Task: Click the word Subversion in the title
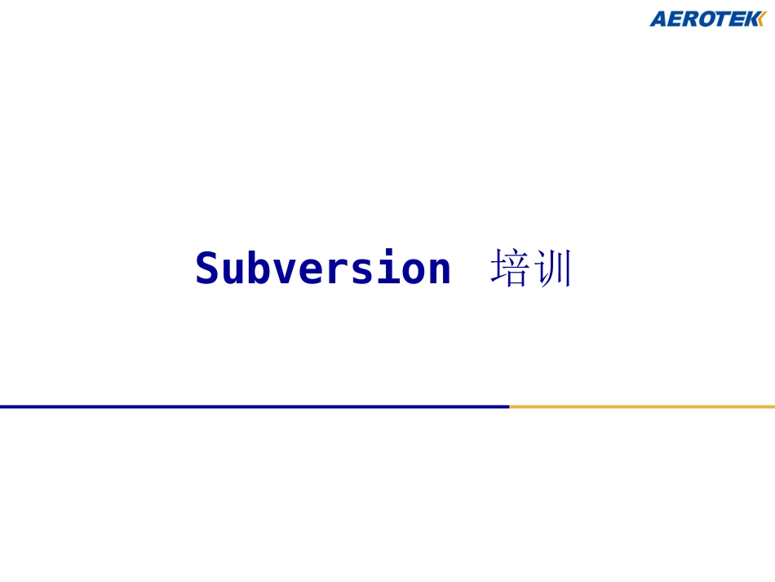[x=323, y=269]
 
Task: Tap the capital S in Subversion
[x=207, y=269]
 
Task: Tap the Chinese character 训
[x=553, y=269]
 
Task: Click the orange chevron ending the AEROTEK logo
[x=763, y=19]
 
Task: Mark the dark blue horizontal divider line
[x=254, y=406]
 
